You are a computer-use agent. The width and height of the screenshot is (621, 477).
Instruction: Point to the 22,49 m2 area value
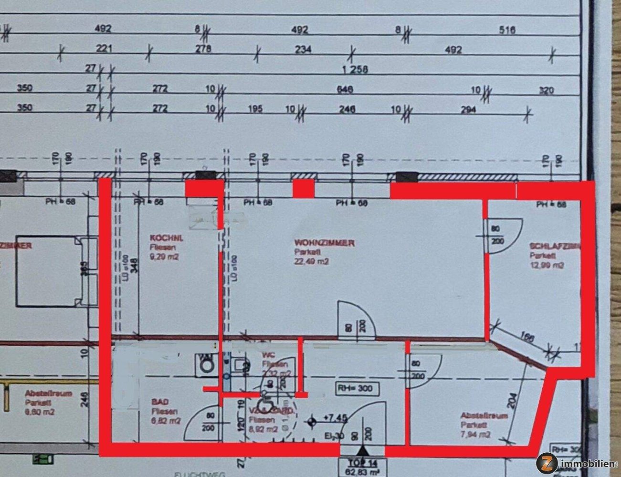click(x=311, y=261)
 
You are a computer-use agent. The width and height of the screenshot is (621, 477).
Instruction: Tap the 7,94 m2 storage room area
click(x=476, y=434)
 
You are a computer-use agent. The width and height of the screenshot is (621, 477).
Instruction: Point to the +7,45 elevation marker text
click(x=335, y=418)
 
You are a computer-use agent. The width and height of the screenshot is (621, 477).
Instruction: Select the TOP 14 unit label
click(x=363, y=463)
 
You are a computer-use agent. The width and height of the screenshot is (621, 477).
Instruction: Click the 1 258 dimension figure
click(x=355, y=70)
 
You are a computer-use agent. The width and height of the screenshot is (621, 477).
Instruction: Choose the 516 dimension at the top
click(x=507, y=31)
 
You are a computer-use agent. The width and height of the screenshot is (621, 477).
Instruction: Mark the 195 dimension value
click(x=255, y=109)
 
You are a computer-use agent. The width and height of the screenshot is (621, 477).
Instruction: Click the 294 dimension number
click(x=469, y=109)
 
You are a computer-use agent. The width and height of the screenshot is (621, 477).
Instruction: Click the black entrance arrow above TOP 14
click(x=363, y=450)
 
